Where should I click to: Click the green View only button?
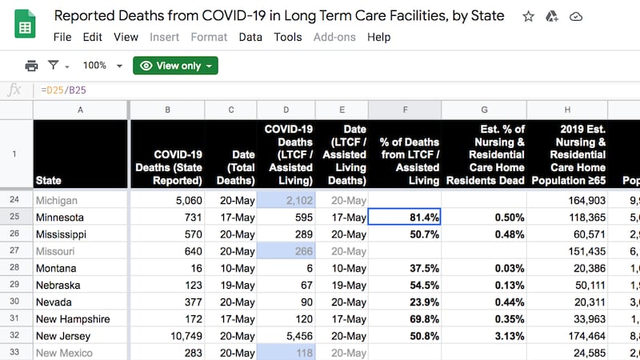(175, 66)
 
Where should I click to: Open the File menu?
(62, 37)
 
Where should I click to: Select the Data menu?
(250, 37)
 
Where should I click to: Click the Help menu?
(378, 37)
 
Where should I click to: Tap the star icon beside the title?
(528, 16)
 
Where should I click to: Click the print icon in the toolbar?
(31, 66)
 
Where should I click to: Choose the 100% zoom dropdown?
(102, 66)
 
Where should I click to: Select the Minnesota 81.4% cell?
(405, 217)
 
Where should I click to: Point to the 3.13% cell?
(475, 336)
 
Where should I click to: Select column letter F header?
(405, 110)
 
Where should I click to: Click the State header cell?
(80, 154)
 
